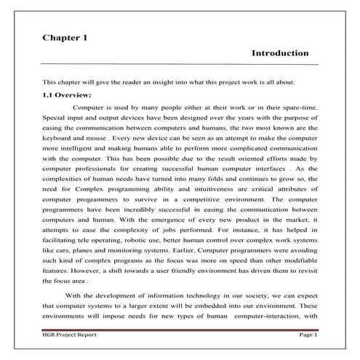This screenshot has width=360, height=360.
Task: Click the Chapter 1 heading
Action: coord(65,37)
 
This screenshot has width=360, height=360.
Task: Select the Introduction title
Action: coord(280,53)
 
